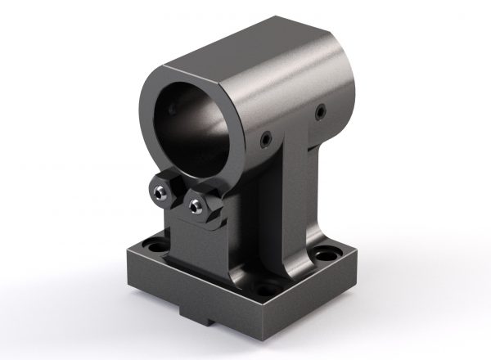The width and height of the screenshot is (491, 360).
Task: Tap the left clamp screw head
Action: (x=161, y=191)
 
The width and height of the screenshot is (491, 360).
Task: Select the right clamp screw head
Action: (x=194, y=205)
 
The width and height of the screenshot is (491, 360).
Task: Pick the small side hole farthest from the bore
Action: (x=321, y=110)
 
